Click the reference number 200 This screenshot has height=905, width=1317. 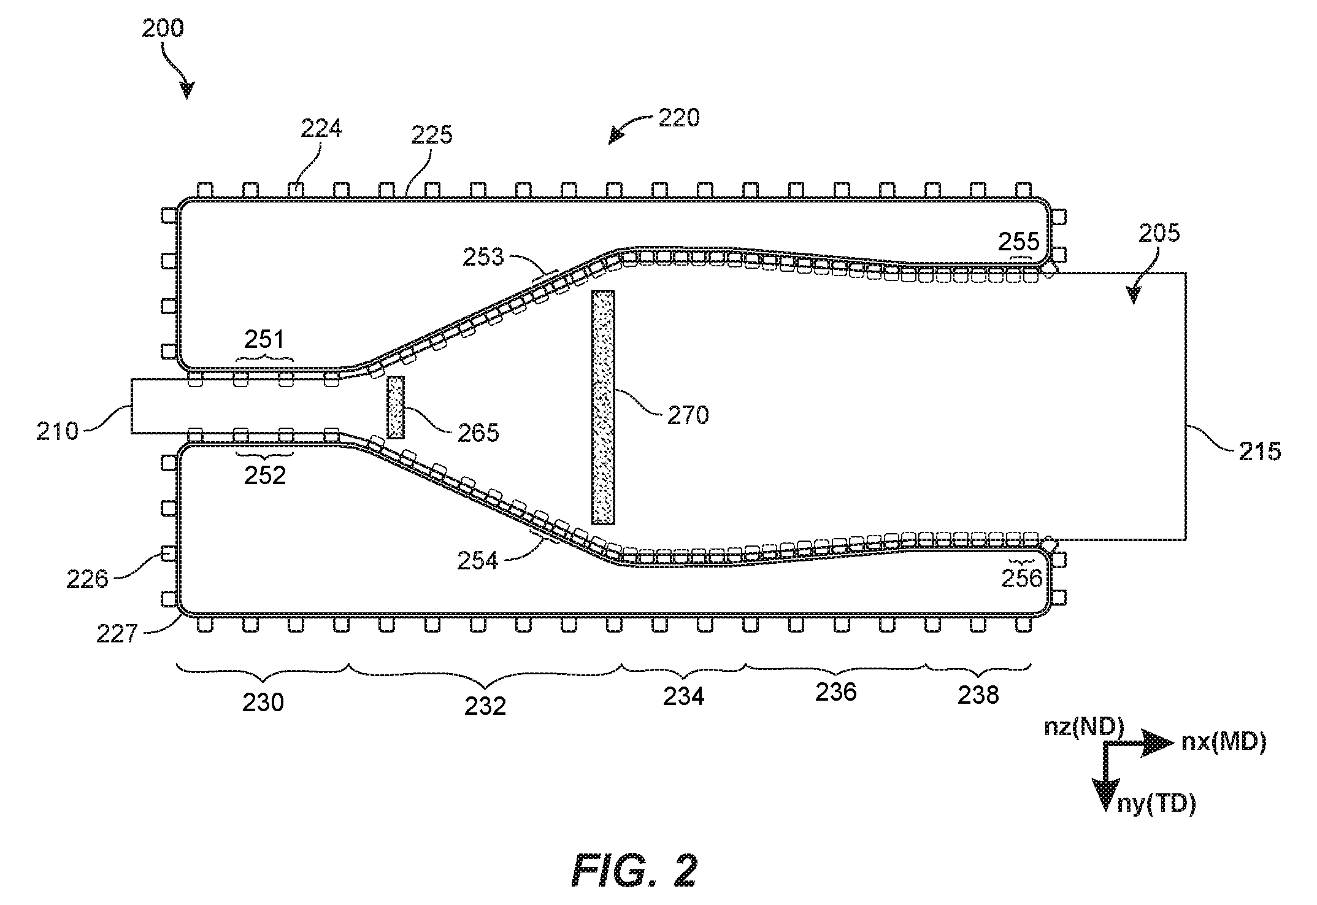[x=163, y=29]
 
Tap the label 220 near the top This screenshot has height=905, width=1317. [x=679, y=118]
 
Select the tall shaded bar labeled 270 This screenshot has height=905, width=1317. [x=603, y=407]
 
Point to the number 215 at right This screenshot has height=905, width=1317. [x=1260, y=452]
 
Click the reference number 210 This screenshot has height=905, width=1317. [x=58, y=431]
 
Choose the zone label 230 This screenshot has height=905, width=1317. [x=263, y=703]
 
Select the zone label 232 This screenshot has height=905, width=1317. [x=485, y=706]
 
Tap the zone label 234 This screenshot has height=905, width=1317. [x=684, y=696]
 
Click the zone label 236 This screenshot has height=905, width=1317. [x=836, y=692]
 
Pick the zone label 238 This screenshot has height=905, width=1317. [x=978, y=695]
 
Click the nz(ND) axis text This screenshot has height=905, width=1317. [x=1084, y=727]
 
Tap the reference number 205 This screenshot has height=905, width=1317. [x=1159, y=233]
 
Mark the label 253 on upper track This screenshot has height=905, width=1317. [x=483, y=256]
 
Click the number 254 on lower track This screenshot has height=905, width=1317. [x=478, y=560]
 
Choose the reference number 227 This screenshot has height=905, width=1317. [x=117, y=633]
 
